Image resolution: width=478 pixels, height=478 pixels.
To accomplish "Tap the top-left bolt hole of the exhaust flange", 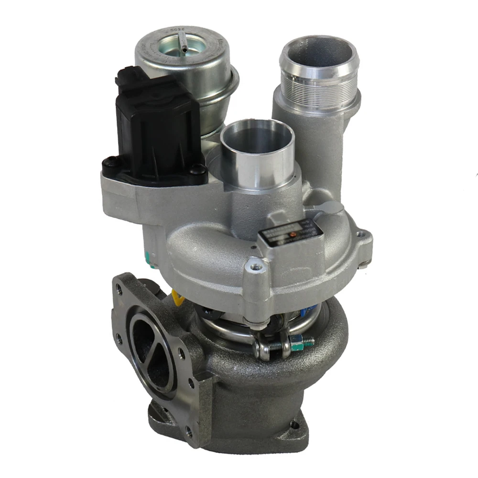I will click(120, 288).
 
